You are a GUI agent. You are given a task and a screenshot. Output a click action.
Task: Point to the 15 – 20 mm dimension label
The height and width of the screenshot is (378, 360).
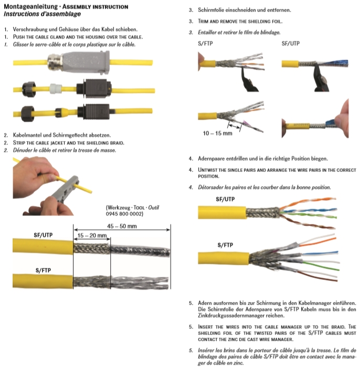[92, 236]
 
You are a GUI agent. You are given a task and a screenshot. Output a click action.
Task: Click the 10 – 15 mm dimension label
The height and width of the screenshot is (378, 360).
[217, 133]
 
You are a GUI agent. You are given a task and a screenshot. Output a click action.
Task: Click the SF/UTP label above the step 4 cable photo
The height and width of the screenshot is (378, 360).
[226, 199]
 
